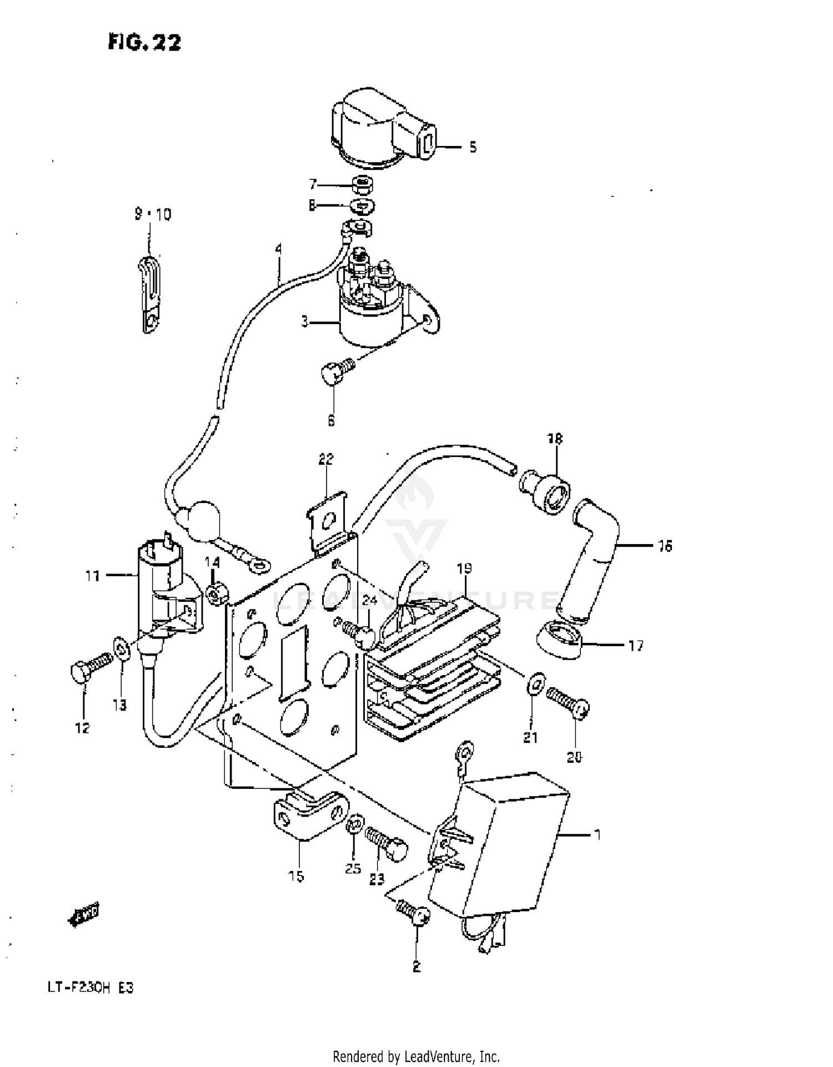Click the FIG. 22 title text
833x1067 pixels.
pos(144,43)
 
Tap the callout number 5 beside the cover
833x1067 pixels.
pos(473,147)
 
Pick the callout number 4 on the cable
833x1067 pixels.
pos(278,249)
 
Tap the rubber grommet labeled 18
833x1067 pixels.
pos(546,489)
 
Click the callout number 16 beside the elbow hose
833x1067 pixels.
pos(665,546)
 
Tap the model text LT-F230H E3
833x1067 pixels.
pos(90,988)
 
